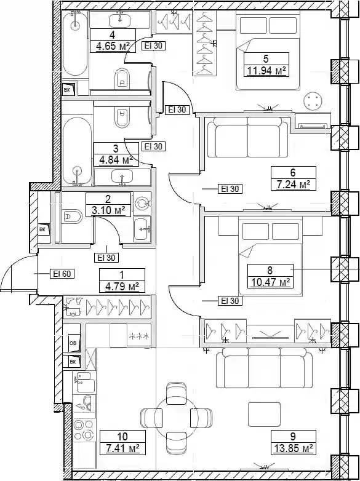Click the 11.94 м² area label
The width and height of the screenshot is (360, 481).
266,71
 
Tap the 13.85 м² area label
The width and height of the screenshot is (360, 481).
293,448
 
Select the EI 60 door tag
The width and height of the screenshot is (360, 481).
62,273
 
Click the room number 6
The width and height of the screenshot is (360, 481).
292,172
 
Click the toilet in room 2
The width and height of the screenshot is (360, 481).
73,217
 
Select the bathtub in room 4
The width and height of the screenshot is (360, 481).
75,43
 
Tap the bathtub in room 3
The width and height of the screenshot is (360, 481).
78,151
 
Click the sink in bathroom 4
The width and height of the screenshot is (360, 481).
120,19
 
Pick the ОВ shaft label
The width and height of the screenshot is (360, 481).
73,343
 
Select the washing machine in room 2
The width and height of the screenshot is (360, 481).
142,203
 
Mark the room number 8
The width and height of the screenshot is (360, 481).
270,271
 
